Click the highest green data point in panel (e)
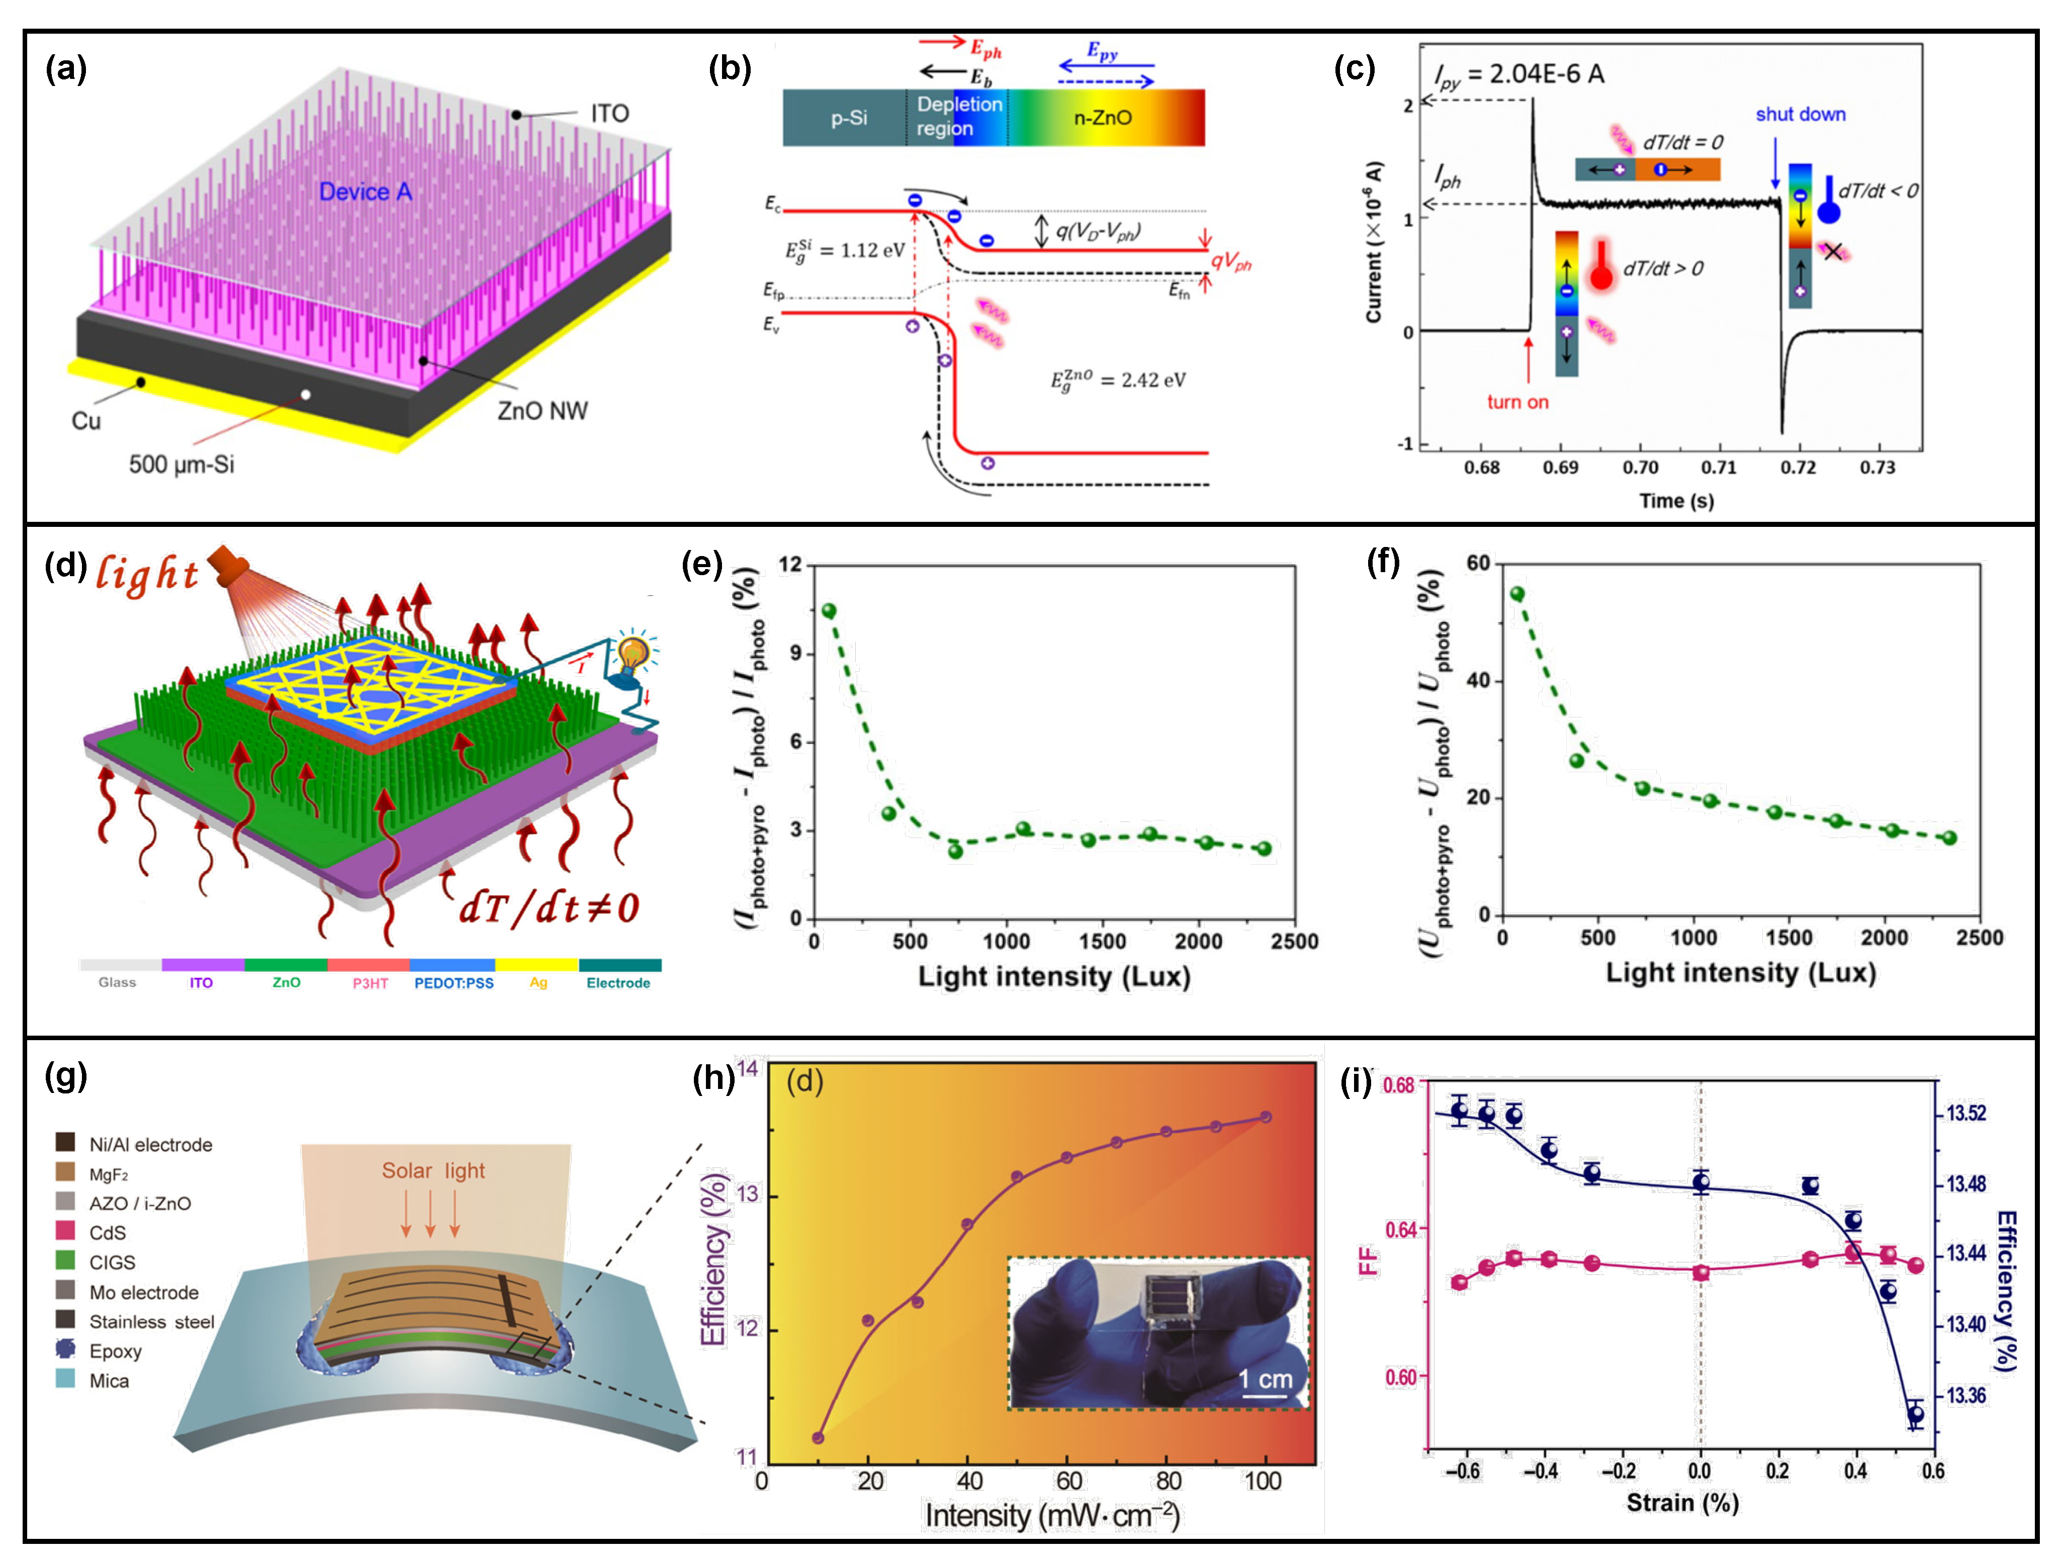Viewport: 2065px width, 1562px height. (828, 611)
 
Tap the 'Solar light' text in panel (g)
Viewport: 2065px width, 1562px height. (433, 1171)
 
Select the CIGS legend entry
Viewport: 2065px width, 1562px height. (112, 1262)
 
